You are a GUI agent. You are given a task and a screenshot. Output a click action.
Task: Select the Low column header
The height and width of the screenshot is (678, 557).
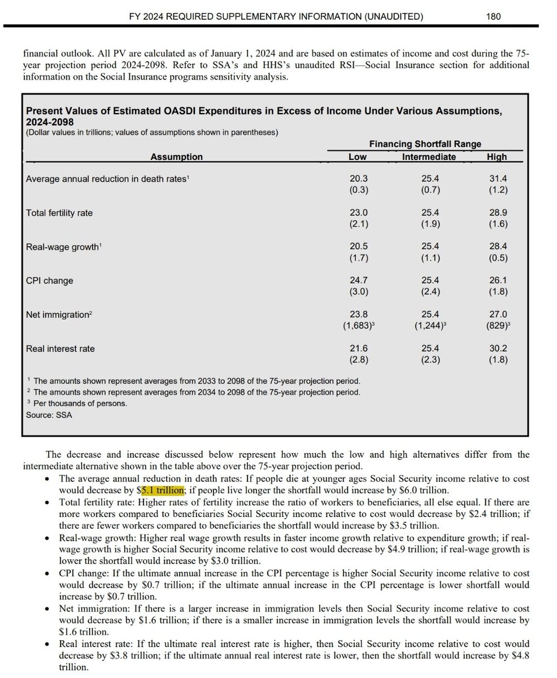pos(358,157)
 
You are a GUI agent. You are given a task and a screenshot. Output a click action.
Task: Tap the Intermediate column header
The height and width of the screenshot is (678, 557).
pos(428,157)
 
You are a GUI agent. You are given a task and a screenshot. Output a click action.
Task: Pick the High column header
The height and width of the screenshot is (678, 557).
pos(497,157)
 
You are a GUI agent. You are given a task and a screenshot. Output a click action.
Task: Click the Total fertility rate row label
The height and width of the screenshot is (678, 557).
pos(59,213)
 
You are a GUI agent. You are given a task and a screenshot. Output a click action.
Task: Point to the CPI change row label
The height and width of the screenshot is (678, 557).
pos(50,281)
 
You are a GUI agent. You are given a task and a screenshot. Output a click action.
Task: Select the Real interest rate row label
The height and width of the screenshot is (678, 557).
pos(60,349)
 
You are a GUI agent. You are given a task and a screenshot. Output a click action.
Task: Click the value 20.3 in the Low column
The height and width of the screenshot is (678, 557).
pos(359,179)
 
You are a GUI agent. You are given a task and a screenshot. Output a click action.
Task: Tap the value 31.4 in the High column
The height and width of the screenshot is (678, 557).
pos(498,179)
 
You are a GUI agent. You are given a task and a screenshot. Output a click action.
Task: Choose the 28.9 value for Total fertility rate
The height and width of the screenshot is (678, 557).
pos(498,212)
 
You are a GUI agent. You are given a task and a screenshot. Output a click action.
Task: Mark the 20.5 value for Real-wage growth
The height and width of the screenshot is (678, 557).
pos(359,246)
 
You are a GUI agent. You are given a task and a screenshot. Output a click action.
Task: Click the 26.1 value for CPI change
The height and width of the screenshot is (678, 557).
pos(498,280)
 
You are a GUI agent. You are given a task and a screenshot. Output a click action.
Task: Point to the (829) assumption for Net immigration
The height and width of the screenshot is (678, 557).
pos(497,326)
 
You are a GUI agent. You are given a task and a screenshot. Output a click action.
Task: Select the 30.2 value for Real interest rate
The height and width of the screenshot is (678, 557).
pos(498,348)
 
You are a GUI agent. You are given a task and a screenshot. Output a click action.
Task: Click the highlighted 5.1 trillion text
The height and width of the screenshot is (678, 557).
pos(163,490)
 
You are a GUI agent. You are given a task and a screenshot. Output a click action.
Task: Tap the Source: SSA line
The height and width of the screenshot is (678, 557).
pos(49,415)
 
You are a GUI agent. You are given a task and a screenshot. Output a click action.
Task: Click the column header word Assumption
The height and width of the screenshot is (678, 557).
pos(176,157)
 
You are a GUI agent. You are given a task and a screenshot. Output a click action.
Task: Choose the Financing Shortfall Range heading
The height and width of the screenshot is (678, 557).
pos(425,144)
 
